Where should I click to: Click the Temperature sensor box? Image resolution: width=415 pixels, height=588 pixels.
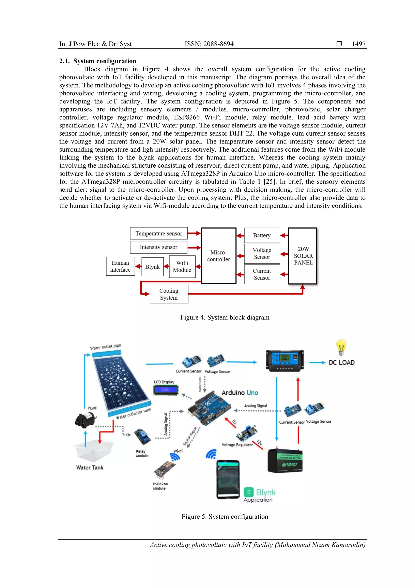[158, 233]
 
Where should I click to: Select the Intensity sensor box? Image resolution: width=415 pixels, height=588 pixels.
[158, 247]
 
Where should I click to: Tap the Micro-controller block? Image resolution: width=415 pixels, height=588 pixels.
[218, 256]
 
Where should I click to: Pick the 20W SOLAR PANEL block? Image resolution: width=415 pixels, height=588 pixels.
[303, 256]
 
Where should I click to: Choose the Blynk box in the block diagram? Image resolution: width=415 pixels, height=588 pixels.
[152, 266]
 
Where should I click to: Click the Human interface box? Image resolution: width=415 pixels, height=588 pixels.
[120, 266]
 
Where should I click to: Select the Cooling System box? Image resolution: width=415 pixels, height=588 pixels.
[169, 294]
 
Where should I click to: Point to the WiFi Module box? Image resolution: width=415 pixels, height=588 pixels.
[182, 266]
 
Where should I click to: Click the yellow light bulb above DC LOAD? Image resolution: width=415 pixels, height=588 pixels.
[341, 347]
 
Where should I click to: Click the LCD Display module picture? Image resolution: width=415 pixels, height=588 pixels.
[165, 390]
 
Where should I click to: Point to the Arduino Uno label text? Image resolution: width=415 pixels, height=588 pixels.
[240, 393]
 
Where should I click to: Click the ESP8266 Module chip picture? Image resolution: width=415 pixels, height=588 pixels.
[164, 471]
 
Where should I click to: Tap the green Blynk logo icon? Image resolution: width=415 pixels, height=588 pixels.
[249, 492]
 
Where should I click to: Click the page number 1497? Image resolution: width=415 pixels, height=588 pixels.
[358, 44]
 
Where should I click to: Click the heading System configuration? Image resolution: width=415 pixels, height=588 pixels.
[105, 61]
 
